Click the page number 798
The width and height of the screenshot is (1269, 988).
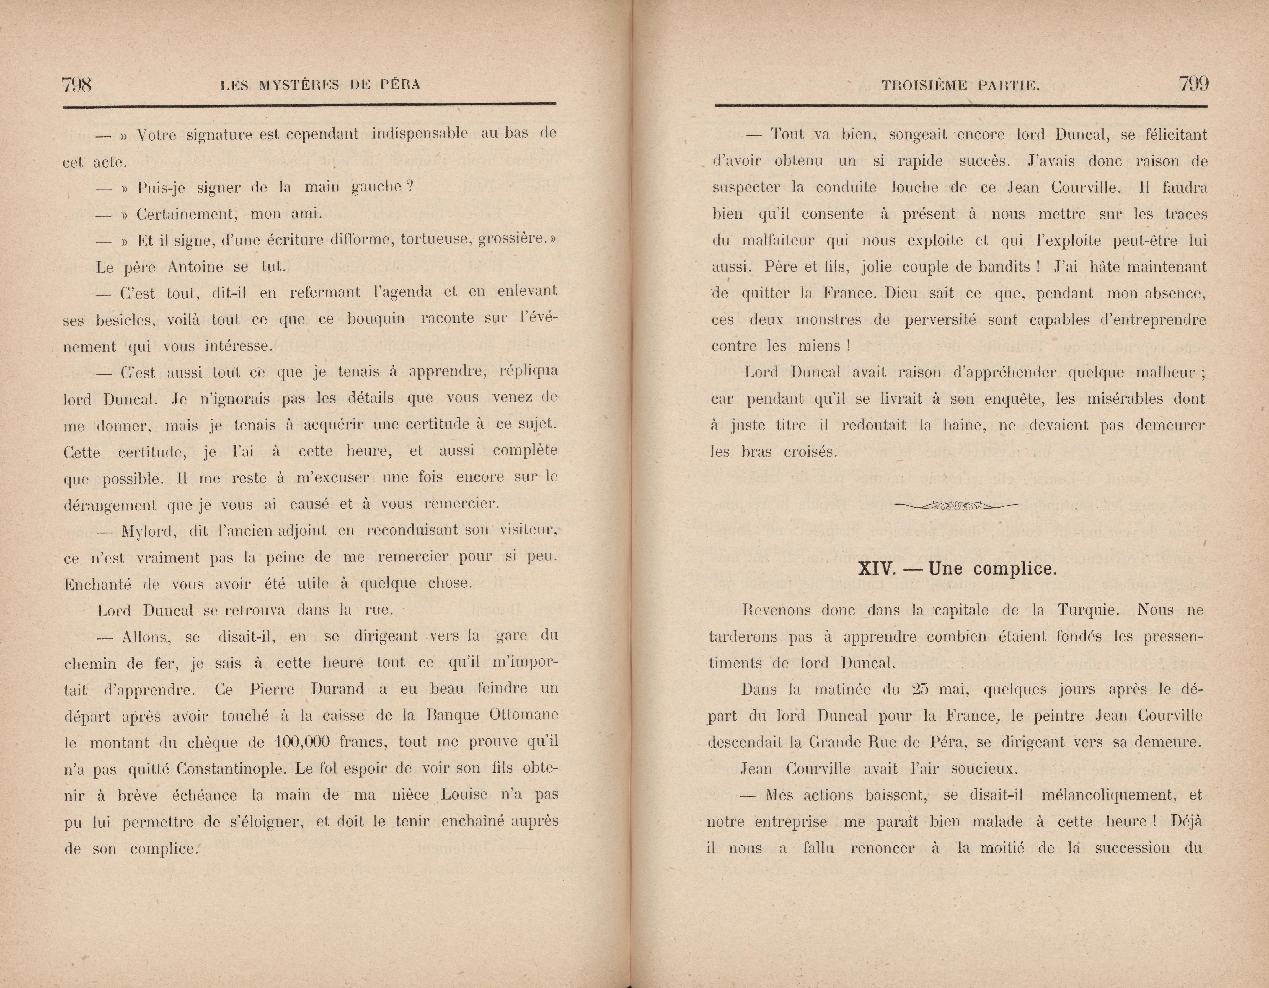pos(77,85)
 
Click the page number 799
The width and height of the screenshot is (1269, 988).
pos(1193,84)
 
